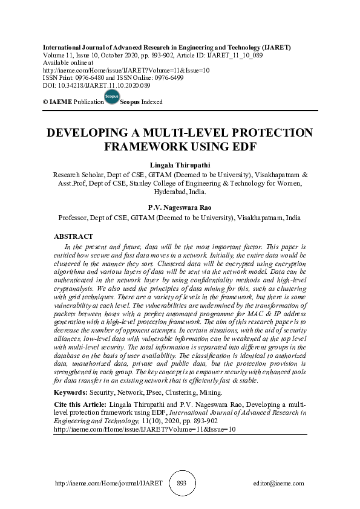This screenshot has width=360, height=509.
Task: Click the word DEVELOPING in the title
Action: (91, 133)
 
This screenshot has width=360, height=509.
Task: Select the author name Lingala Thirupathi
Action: (180, 164)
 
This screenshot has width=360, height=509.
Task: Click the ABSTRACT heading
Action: (73, 236)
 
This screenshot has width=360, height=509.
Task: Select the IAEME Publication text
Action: (73, 102)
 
